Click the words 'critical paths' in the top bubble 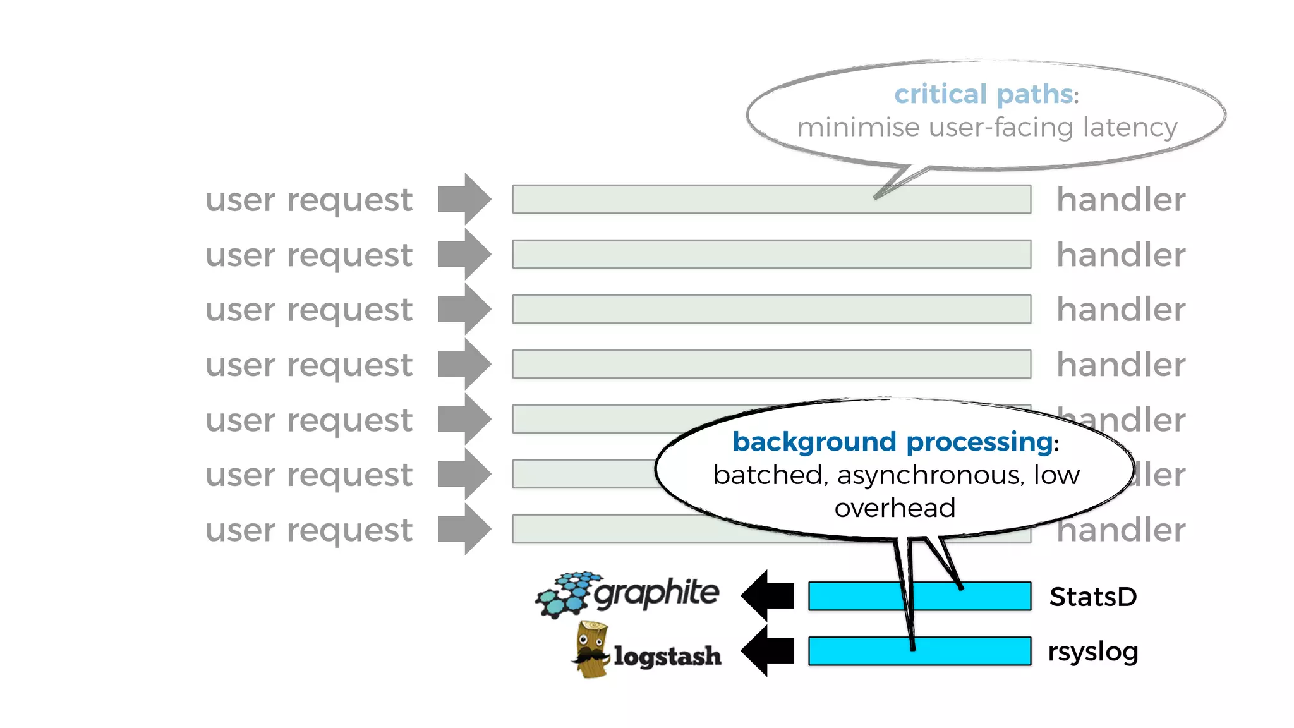click(983, 95)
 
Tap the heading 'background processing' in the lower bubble click(892, 442)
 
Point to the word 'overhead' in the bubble click(895, 508)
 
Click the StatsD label click(1093, 597)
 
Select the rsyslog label click(1093, 652)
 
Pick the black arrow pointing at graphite click(767, 595)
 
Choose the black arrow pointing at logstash click(767, 650)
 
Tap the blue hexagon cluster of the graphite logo click(564, 594)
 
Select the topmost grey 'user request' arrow click(464, 199)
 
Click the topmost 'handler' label click(1121, 200)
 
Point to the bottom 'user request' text click(309, 530)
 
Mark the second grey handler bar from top click(771, 254)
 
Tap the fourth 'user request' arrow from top click(464, 364)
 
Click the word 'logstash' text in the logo click(667, 656)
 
